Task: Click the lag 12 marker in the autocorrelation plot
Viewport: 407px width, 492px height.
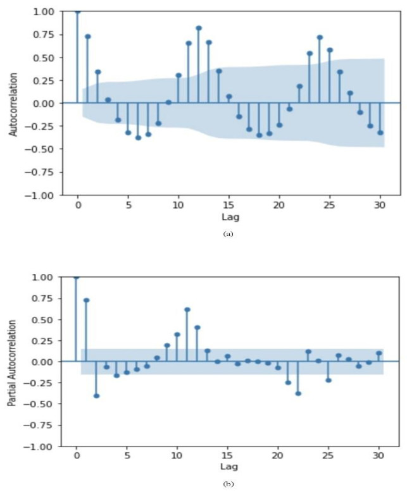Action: [x=199, y=28]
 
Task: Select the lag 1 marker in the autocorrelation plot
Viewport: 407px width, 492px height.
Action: [x=88, y=36]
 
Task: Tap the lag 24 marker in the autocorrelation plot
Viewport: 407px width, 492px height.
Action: [x=320, y=37]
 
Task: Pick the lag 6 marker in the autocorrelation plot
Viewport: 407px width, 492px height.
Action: [x=138, y=137]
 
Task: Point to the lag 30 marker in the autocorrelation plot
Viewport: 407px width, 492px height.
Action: [x=380, y=133]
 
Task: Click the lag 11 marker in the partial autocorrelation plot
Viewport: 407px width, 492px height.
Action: [x=188, y=309]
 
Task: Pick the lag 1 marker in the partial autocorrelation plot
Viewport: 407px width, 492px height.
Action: [x=87, y=300]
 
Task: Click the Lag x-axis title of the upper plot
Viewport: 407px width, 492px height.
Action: [x=229, y=217]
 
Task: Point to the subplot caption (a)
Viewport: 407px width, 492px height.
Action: [x=229, y=234]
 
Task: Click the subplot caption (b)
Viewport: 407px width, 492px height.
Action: [x=229, y=485]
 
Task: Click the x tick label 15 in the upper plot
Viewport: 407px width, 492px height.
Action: [x=229, y=206]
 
